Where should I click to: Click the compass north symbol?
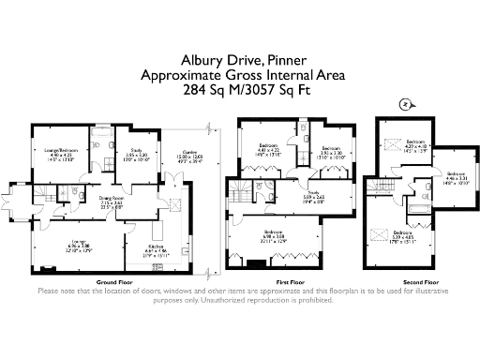402,105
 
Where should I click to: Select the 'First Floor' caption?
291,281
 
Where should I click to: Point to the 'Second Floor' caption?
420,281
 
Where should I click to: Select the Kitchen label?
156,223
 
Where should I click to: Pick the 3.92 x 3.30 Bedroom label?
330,151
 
